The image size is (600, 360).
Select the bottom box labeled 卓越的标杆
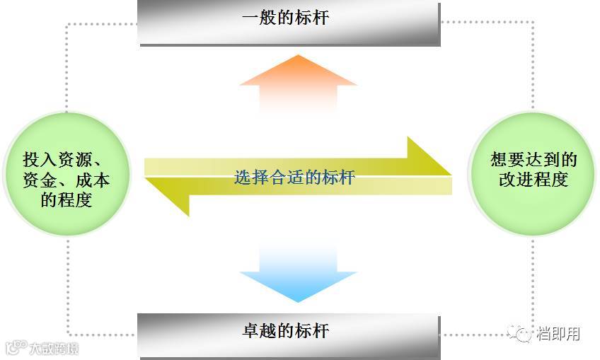click(289, 330)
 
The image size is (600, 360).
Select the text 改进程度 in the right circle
click(533, 179)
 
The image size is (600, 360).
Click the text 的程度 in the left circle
click(67, 199)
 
